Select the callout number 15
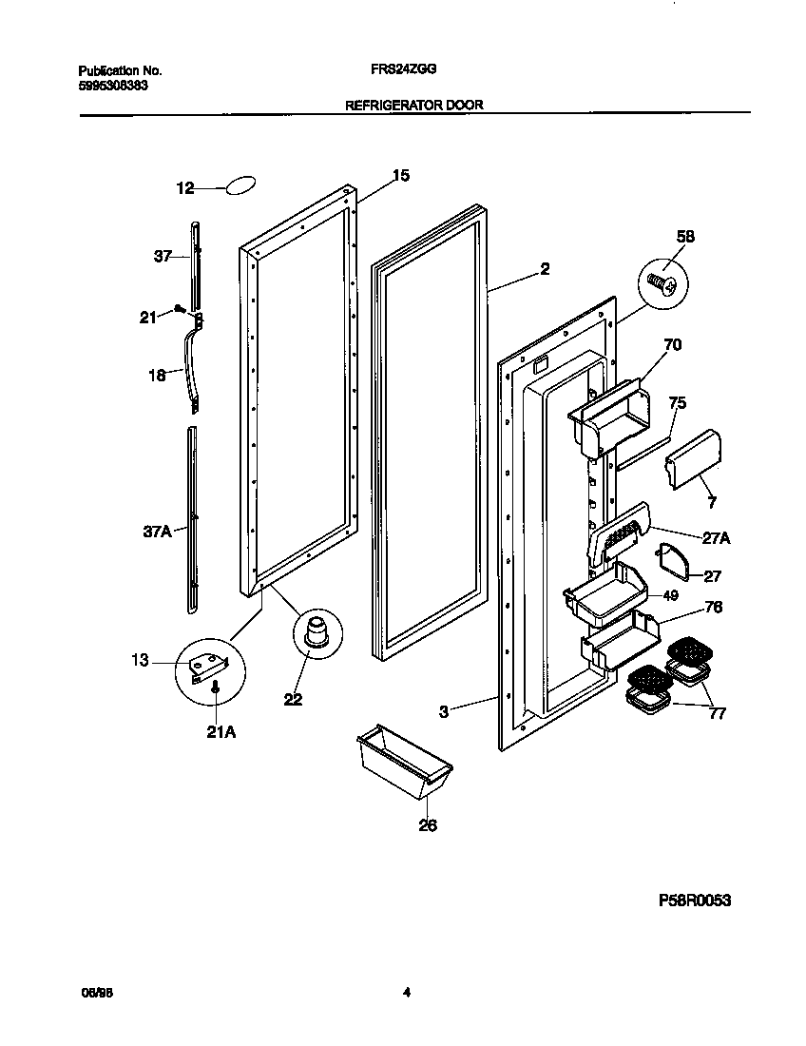400,175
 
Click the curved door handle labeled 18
196,365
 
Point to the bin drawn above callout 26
403,760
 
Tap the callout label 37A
157,533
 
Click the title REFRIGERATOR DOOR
413,106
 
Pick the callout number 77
718,712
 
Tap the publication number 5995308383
112,85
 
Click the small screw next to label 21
180,308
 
